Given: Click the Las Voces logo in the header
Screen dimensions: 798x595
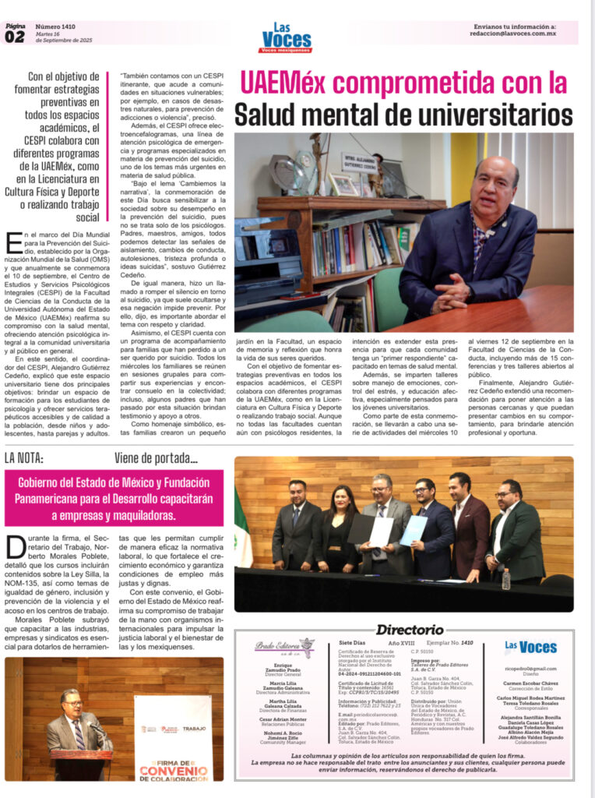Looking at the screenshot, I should pos(286,37).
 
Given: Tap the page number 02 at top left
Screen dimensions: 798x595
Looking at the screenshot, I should pos(15,37).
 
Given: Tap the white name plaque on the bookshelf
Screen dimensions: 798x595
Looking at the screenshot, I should pos(360,160).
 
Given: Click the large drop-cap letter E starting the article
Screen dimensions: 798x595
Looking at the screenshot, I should pos(12,242).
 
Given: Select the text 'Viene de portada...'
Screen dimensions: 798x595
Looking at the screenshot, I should pos(156,457).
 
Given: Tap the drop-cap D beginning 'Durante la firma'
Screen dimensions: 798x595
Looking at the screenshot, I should pos(15,549).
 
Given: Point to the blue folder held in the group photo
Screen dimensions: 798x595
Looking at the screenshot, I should pos(413,531).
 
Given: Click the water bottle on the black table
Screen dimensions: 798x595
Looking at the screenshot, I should pos(505,578).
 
